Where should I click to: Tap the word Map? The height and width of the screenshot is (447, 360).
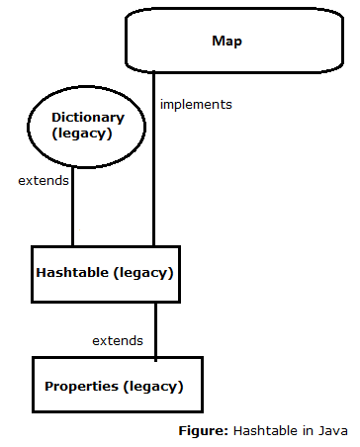coord(226,42)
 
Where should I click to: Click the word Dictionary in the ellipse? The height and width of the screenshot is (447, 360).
coord(74,117)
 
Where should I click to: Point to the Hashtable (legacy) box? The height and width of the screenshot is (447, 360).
coord(105,272)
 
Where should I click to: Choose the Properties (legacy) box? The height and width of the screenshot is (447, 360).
coord(116,384)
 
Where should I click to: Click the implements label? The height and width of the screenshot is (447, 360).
coord(195,103)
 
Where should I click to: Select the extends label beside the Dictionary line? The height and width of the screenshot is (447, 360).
coord(43,182)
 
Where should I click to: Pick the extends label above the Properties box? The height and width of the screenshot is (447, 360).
coord(117,340)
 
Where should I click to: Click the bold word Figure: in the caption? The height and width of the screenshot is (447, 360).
coord(203,431)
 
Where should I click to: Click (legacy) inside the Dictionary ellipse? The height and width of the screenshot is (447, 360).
coord(74,134)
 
